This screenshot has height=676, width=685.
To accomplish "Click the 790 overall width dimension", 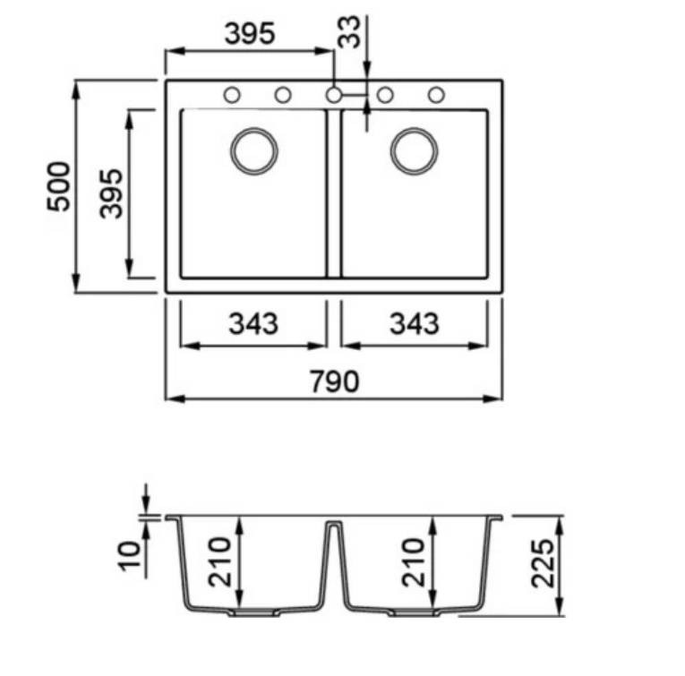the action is coord(335,381).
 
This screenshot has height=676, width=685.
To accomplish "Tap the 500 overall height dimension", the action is coord(58,186).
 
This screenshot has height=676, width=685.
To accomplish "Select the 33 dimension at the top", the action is coord(349,31).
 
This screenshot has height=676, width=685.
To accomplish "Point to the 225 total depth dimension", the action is coord(543,563).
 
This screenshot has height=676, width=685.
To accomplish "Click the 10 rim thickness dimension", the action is coord(130,555).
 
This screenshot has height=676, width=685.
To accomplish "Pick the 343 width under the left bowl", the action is coord(253,323).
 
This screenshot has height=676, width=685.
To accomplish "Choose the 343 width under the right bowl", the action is coord(415,323).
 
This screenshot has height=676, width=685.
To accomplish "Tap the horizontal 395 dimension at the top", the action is coord(250,33).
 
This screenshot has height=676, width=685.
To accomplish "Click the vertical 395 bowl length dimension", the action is coord(111,193).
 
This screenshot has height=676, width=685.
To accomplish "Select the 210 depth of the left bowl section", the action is coord(219,561).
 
